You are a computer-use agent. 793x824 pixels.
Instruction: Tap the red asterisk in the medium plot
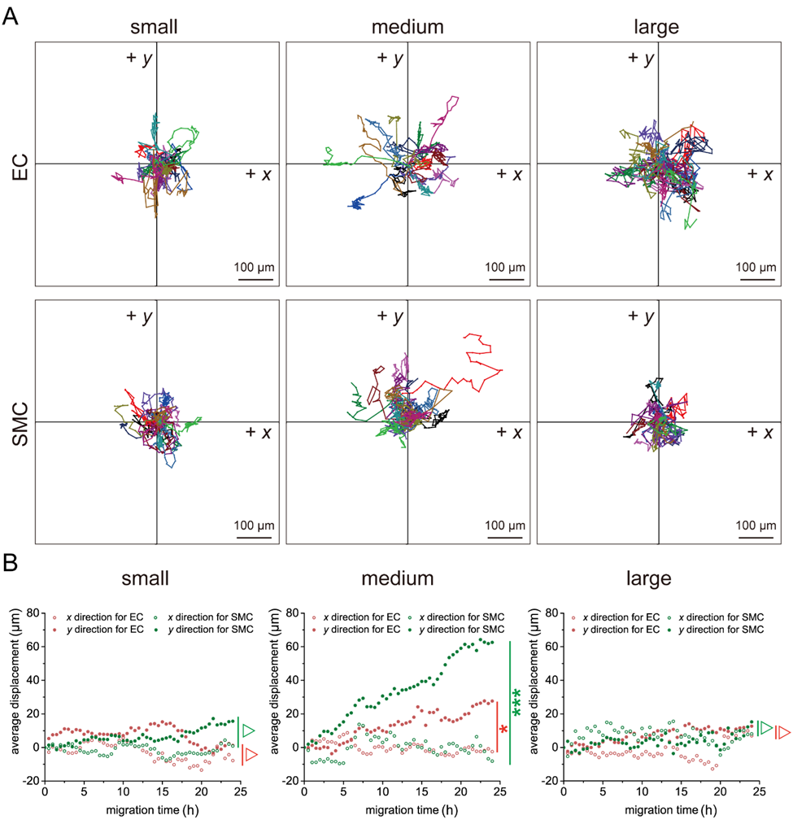pyautogui.click(x=503, y=730)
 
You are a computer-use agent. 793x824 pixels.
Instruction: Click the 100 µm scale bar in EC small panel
pyautogui.click(x=255, y=278)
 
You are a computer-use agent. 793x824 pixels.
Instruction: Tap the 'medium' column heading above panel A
pyautogui.click(x=407, y=27)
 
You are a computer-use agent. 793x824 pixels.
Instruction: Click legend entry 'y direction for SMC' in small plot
pyautogui.click(x=209, y=629)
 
